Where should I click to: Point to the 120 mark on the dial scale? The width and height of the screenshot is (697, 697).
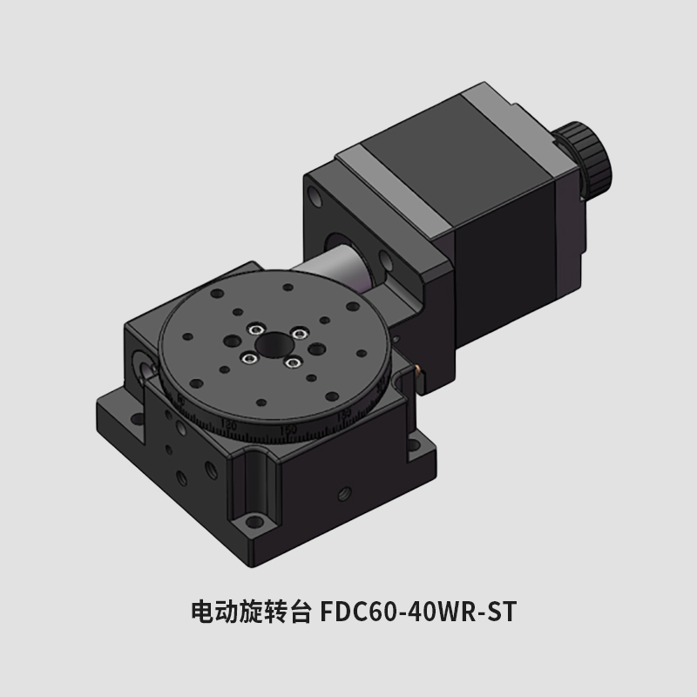coord(230,423)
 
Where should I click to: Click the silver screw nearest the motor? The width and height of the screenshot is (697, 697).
coord(299,331)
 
